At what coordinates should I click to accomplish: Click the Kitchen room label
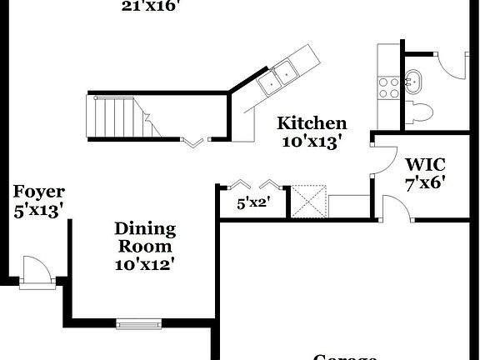312,123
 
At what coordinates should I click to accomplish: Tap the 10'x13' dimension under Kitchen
312,142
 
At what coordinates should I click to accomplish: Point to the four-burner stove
389,87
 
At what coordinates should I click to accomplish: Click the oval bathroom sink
413,82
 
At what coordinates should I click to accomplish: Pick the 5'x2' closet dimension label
253,202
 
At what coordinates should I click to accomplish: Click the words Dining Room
145,237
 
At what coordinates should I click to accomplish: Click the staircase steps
117,117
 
